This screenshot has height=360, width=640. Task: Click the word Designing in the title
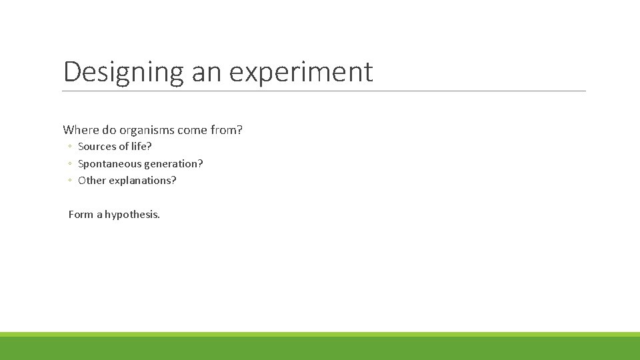pyautogui.click(x=123, y=72)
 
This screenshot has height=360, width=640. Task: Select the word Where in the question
pyautogui.click(x=79, y=130)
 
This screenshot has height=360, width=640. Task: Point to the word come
pyautogui.click(x=193, y=130)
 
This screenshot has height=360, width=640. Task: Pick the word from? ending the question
pyautogui.click(x=227, y=130)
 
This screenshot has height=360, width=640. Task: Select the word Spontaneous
pyautogui.click(x=110, y=163)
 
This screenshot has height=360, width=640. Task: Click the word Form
pyautogui.click(x=81, y=215)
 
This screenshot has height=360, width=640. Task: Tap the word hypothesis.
pyautogui.click(x=133, y=215)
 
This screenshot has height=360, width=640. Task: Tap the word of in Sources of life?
pyautogui.click(x=123, y=146)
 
